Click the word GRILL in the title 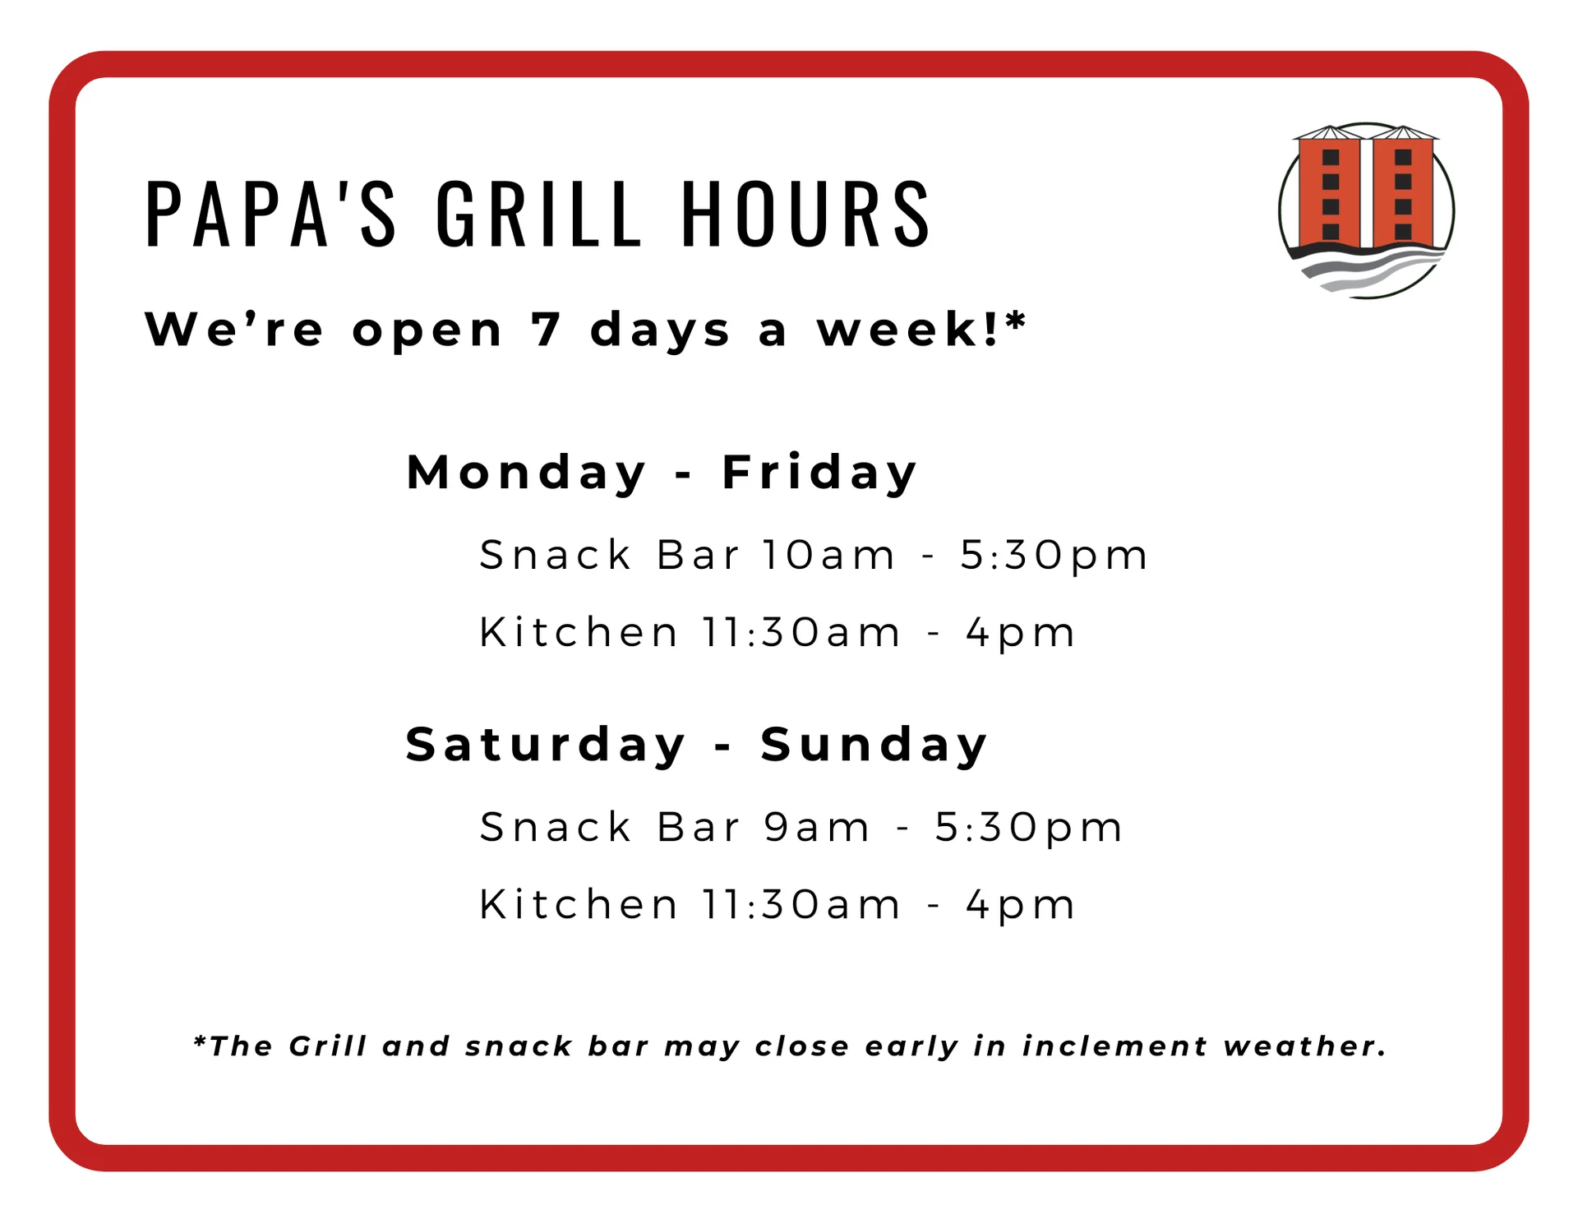538,213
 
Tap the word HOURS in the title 805,213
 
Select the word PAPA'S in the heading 270,213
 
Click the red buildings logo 1366,210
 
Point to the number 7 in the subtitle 545,330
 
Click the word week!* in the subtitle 921,329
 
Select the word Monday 527,473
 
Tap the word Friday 819,473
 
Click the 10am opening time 828,555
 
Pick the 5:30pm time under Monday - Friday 1054,556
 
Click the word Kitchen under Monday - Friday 579,632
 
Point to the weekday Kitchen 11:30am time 801,632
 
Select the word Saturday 545,745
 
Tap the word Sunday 874,745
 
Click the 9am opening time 816,827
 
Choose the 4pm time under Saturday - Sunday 1020,906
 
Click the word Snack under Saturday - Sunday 555,827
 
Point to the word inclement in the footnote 1115,1046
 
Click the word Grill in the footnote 327,1046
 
